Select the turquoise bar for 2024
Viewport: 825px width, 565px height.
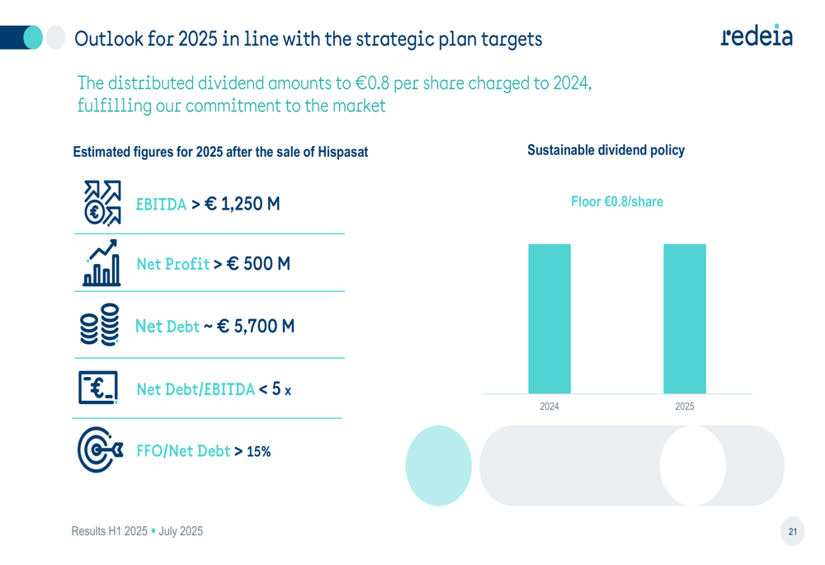click(x=549, y=318)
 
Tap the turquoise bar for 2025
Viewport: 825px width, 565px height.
click(x=685, y=318)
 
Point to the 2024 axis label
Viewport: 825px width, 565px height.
click(x=549, y=407)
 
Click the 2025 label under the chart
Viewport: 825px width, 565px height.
click(x=685, y=407)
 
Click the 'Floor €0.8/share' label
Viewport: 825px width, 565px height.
click(x=616, y=202)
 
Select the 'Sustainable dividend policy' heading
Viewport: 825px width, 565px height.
click(x=606, y=150)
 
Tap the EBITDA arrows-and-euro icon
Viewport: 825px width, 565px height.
click(x=102, y=203)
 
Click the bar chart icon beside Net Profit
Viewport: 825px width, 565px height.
click(x=102, y=263)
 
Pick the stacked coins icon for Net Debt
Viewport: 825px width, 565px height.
click(x=99, y=327)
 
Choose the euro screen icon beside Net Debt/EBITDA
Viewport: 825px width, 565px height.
click(x=98, y=388)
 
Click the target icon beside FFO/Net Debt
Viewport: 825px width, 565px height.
click(x=100, y=450)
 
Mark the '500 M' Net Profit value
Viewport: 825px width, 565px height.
click(x=266, y=264)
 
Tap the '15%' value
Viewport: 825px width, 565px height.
click(x=258, y=451)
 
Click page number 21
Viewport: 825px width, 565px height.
click(x=793, y=532)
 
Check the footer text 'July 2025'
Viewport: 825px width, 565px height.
click(x=180, y=532)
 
